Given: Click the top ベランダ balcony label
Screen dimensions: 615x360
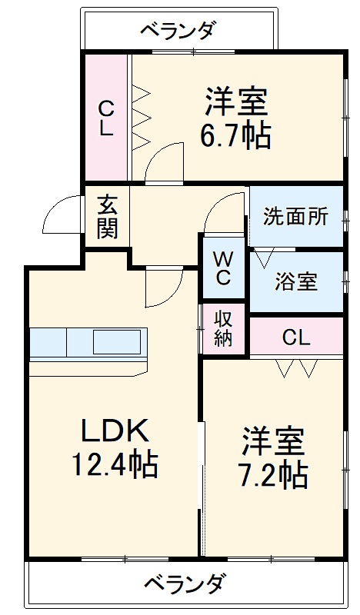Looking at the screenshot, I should (x=178, y=32).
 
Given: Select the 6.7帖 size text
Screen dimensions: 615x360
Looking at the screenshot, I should (x=235, y=136).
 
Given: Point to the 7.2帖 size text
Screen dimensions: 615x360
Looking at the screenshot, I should (x=273, y=476).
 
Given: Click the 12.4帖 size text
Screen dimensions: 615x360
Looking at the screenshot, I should (x=115, y=464).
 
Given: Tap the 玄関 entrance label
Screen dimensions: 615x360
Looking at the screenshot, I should (x=108, y=217).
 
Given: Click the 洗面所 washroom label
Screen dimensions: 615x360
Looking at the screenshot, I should (x=295, y=217).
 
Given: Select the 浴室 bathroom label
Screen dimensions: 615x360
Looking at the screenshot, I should (x=295, y=281).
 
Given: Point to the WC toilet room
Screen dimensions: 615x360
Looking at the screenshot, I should (x=223, y=268).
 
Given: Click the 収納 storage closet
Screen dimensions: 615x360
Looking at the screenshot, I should (x=223, y=328).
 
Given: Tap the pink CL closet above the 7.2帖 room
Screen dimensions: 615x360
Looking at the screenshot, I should (x=295, y=337).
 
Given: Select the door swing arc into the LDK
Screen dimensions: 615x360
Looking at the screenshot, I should (x=163, y=287).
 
